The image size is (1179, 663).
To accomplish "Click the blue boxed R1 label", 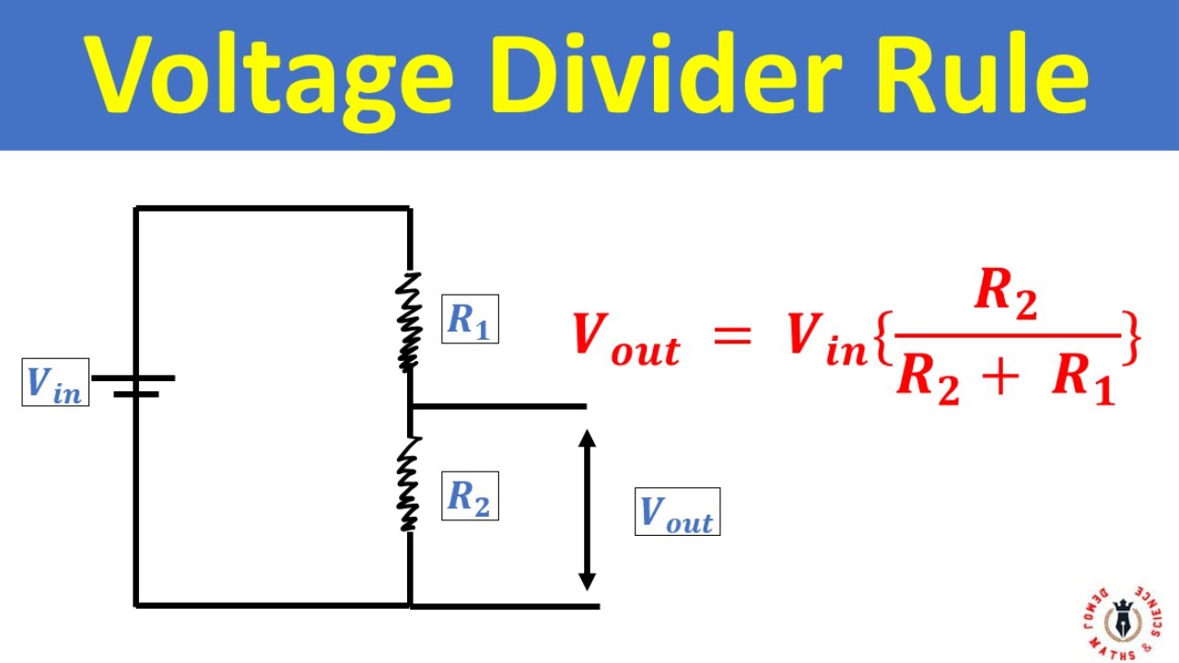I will tap(470, 319).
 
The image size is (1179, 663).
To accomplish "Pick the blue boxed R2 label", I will tap(470, 496).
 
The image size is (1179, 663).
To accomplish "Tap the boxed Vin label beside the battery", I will tap(55, 382).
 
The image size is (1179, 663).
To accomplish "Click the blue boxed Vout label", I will tap(677, 512).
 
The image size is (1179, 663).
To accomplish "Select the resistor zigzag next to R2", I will tap(408, 484).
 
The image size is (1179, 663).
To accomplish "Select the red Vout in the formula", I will tap(625, 338).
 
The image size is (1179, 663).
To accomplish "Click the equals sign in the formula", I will tap(732, 336).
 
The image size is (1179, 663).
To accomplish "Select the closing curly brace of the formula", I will tap(1133, 339).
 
